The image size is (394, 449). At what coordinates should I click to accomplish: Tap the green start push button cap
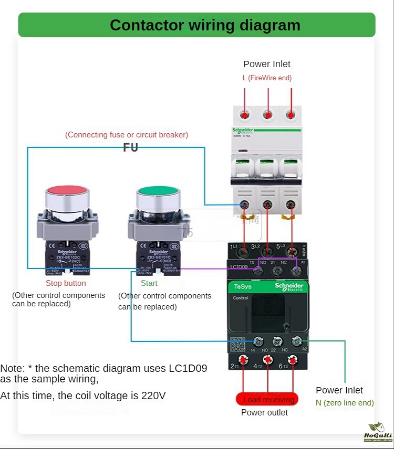point(158,195)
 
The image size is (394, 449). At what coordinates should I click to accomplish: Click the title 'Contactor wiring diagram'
point(205,25)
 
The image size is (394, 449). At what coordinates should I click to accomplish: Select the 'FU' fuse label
point(130,147)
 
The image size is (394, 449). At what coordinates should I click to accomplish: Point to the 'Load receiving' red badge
point(267,399)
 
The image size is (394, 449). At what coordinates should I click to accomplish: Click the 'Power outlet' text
point(264,413)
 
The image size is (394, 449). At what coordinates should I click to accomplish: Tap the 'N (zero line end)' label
point(345,403)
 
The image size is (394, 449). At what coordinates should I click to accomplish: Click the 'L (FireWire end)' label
point(267,78)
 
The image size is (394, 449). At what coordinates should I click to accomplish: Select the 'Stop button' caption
point(66,283)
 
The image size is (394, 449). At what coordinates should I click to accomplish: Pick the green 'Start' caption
point(149,283)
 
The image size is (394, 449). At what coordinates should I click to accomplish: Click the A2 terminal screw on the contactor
point(297,341)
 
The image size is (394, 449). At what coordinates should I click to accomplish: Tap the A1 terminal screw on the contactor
point(297,271)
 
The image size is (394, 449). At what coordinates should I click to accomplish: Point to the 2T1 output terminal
point(244,360)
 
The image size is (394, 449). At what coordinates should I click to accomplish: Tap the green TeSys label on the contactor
point(243,286)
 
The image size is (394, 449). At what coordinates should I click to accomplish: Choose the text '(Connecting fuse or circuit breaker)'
point(127,135)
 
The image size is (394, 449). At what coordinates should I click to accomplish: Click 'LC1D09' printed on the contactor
point(239,267)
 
